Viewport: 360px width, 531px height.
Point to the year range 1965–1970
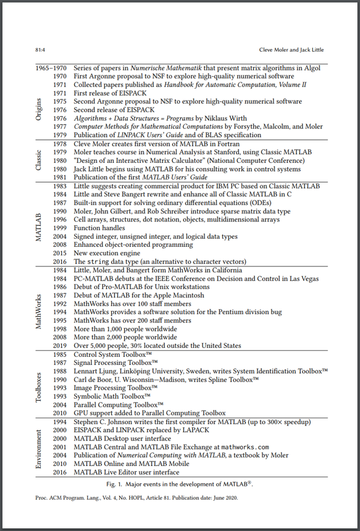pos(51,68)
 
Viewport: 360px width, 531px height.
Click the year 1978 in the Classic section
pos(59,143)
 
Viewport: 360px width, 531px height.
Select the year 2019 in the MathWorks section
pos(59,346)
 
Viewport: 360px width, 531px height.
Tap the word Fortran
pos(226,143)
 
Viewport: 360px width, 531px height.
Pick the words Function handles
pos(99,228)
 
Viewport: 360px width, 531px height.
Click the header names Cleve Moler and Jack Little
pos(292,50)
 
